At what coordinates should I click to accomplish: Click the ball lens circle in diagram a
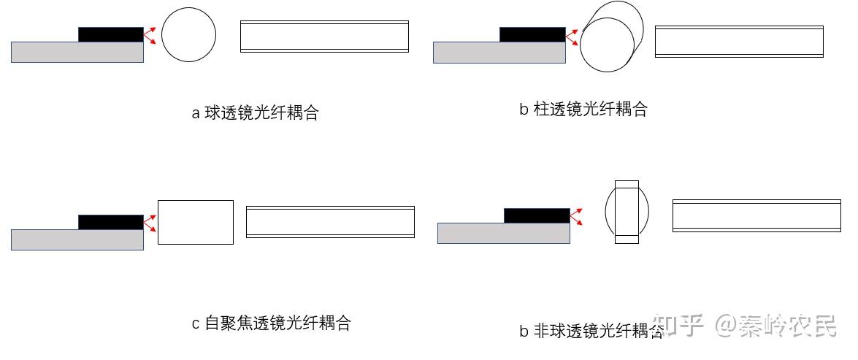click(x=188, y=35)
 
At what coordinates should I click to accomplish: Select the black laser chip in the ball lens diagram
click(x=111, y=34)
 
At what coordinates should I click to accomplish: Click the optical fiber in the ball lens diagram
click(x=324, y=37)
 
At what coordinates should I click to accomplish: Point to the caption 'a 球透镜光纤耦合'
click(x=255, y=113)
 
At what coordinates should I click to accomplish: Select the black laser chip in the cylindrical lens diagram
click(x=532, y=34)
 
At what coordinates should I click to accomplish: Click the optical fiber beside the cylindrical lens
click(x=739, y=42)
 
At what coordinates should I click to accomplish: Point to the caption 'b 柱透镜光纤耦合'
click(x=583, y=110)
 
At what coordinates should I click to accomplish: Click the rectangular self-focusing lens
click(x=196, y=222)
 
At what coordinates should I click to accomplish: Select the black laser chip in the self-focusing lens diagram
click(x=111, y=222)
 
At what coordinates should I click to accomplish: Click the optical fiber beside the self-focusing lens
click(x=330, y=222)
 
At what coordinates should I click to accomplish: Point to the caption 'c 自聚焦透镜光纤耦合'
click(x=271, y=323)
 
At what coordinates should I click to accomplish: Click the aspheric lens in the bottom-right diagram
click(x=627, y=212)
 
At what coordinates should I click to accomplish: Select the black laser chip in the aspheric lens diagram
click(x=537, y=215)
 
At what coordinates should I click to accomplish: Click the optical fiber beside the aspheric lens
click(x=757, y=216)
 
